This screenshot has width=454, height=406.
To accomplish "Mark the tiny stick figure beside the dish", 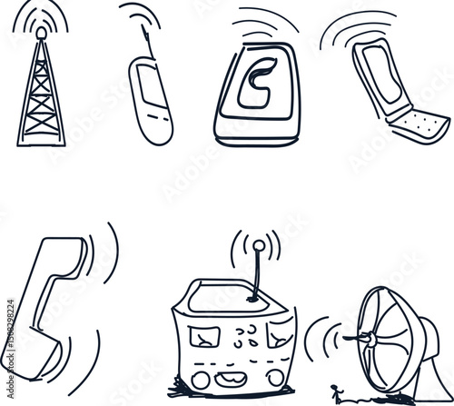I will [x=338, y=393].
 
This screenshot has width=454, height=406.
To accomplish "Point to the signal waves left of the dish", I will [x=319, y=340].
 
